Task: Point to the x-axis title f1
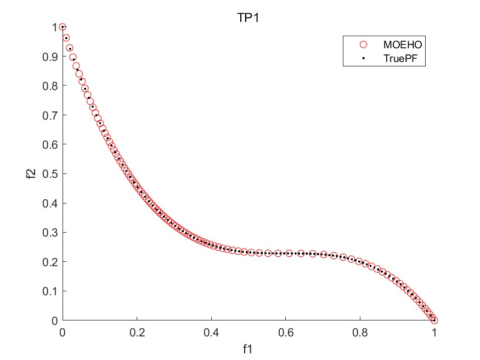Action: [248, 348]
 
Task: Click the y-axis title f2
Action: [33, 173]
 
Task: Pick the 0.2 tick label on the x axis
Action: [137, 332]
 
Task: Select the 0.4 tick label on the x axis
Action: [211, 332]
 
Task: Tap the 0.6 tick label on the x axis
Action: [285, 332]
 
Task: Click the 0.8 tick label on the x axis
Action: [360, 332]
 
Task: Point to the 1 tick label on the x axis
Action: [434, 332]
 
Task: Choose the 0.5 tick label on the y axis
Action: [50, 174]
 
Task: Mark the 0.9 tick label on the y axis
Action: [50, 57]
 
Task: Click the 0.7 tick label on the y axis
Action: [50, 115]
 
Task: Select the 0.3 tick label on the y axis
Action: [50, 233]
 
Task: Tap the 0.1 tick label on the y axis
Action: [50, 291]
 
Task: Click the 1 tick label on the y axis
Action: [54, 27]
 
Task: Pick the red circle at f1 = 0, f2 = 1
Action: [63, 27]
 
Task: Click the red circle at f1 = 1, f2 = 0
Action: [434, 320]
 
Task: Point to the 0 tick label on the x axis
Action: [63, 332]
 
